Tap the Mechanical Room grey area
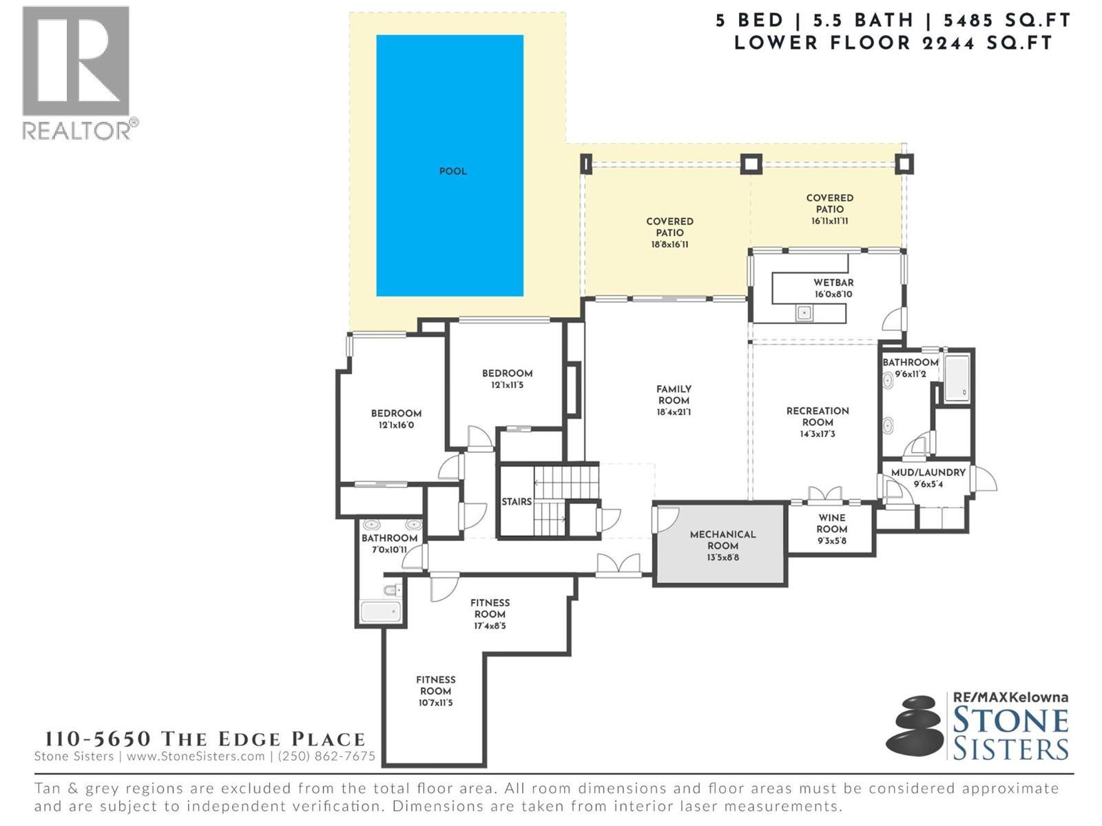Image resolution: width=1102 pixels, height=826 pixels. coord(720,561)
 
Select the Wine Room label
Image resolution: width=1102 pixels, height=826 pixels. coord(831,524)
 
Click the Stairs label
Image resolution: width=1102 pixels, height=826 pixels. coord(516,502)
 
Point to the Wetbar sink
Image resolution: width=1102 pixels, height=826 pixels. coord(804,313)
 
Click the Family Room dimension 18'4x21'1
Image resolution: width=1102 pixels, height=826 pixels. coord(674,412)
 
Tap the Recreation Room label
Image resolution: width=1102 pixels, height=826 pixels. coord(818,416)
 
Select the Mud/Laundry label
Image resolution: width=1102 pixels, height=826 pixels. coord(928,473)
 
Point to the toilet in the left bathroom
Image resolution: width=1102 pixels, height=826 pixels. coord(392,590)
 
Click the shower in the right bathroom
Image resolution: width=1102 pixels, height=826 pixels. coord(957,378)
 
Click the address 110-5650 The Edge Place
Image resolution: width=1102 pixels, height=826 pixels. coord(205,739)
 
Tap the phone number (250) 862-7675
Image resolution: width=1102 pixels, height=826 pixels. coord(326,756)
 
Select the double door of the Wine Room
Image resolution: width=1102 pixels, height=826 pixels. coord(824,495)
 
